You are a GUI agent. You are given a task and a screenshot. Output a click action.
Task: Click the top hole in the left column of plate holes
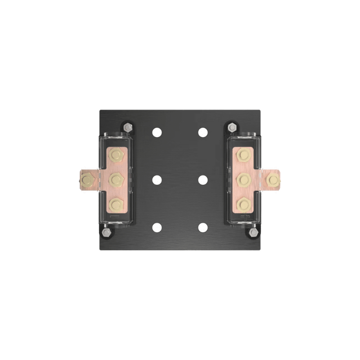[x=157, y=132]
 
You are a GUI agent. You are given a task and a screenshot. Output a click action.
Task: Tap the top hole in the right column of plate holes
[x=203, y=132]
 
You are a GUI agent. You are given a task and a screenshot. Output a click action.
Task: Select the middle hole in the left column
[x=157, y=180]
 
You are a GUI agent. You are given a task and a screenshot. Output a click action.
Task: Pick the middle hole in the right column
[x=203, y=180]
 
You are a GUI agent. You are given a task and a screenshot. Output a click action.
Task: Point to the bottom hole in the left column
[x=157, y=227]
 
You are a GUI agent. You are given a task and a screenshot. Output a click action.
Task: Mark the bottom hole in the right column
[x=203, y=227]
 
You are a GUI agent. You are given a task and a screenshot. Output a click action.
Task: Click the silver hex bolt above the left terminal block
[x=128, y=127]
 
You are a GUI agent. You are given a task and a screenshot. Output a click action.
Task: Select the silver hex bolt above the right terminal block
[x=232, y=127]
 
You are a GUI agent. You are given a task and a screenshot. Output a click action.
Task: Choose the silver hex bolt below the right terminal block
[x=254, y=232]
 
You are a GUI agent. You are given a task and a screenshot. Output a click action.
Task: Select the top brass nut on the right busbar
[x=243, y=156]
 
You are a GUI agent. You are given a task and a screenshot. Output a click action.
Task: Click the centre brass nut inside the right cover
[x=243, y=180]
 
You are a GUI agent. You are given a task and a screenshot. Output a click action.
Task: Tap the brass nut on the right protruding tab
[x=272, y=180]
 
